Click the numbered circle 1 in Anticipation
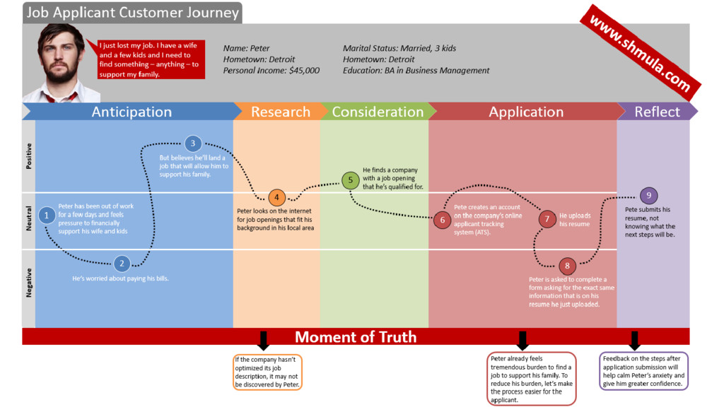click(x=47, y=215)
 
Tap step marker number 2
click(x=122, y=264)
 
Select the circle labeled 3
click(x=193, y=143)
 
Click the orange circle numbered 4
click(x=277, y=198)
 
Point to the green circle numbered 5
click(x=350, y=180)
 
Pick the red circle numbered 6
click(x=443, y=220)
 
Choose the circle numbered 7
click(x=547, y=219)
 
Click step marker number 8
click(x=567, y=266)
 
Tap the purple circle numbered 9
click(x=649, y=196)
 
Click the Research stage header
click(x=280, y=112)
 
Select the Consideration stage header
click(x=378, y=112)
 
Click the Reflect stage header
click(x=657, y=112)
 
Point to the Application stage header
click(x=526, y=112)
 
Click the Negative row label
click(x=29, y=283)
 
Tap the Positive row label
click(x=29, y=157)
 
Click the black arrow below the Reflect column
click(x=634, y=340)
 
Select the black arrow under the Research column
click(x=263, y=341)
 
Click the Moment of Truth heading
click(x=356, y=337)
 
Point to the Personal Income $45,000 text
click(x=271, y=71)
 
